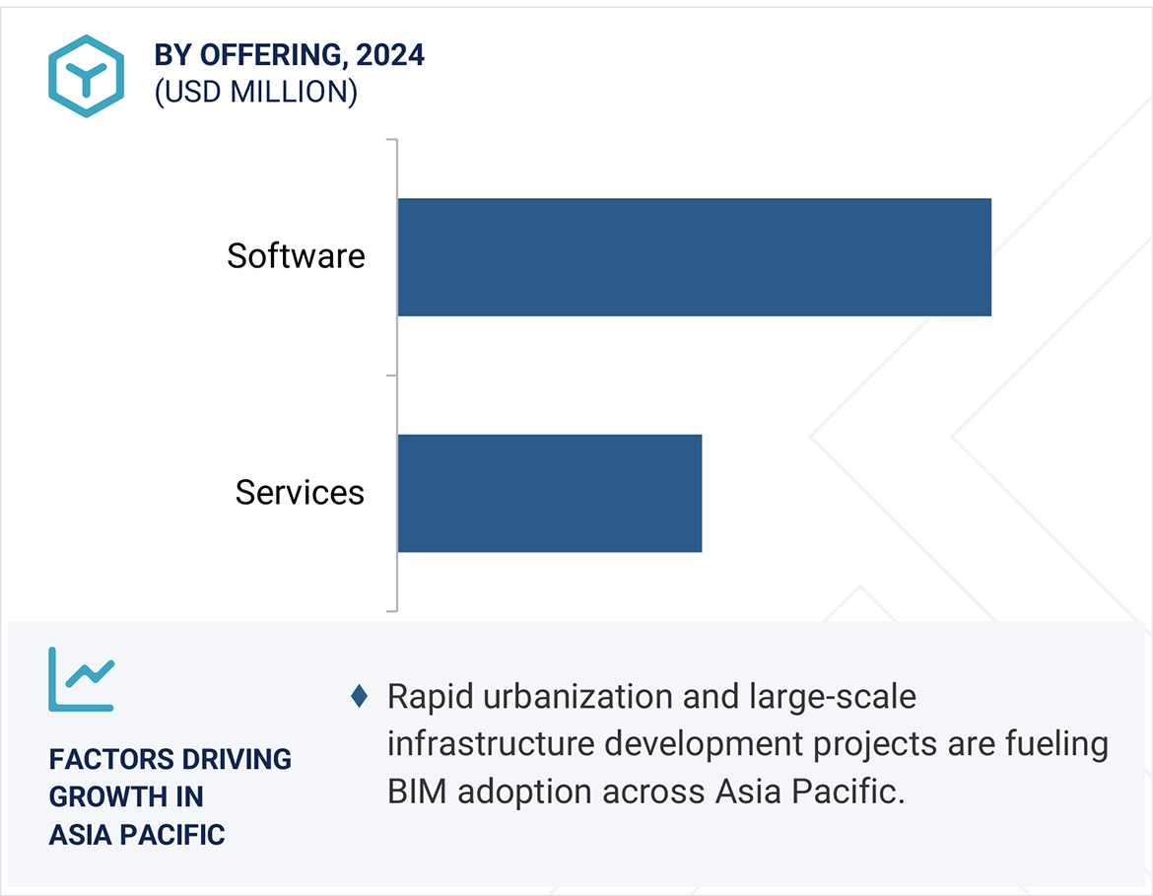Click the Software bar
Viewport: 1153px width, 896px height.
pos(694,257)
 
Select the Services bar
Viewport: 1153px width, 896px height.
pos(549,493)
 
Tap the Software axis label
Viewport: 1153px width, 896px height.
pos(296,256)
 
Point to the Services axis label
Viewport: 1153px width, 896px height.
pos(300,493)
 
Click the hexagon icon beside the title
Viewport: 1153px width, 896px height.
pos(86,76)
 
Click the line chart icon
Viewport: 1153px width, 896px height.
pos(82,679)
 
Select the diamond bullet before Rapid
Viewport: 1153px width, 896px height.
pos(359,697)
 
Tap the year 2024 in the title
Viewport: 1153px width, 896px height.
pos(390,55)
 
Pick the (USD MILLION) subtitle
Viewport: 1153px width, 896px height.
pos(255,92)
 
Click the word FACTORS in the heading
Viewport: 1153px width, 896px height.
pos(107,760)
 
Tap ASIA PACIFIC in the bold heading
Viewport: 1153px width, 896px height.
pos(137,834)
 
